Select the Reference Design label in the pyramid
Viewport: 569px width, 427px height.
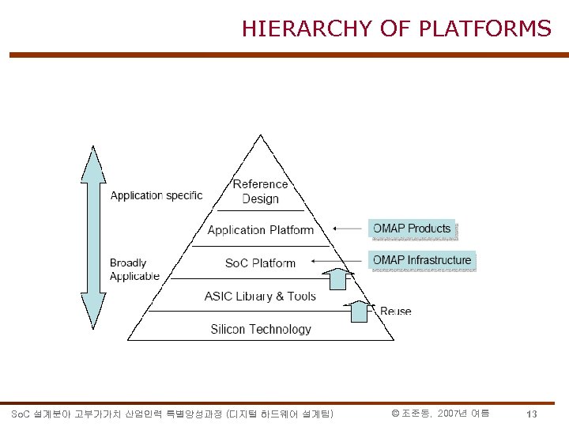coord(261,191)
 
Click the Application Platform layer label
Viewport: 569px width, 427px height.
coord(261,230)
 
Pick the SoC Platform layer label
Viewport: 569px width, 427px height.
coord(260,263)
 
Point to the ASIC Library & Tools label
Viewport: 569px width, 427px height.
coord(260,297)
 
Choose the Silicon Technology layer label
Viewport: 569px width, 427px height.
coord(261,329)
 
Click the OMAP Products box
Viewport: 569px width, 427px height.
coord(412,229)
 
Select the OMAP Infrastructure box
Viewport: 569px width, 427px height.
coord(422,260)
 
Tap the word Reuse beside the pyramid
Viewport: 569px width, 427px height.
coord(395,311)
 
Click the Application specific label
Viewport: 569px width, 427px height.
coord(156,195)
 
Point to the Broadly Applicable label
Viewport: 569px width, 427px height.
coord(134,270)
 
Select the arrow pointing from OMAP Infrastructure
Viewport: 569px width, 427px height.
coord(338,260)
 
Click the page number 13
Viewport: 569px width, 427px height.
coord(532,414)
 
